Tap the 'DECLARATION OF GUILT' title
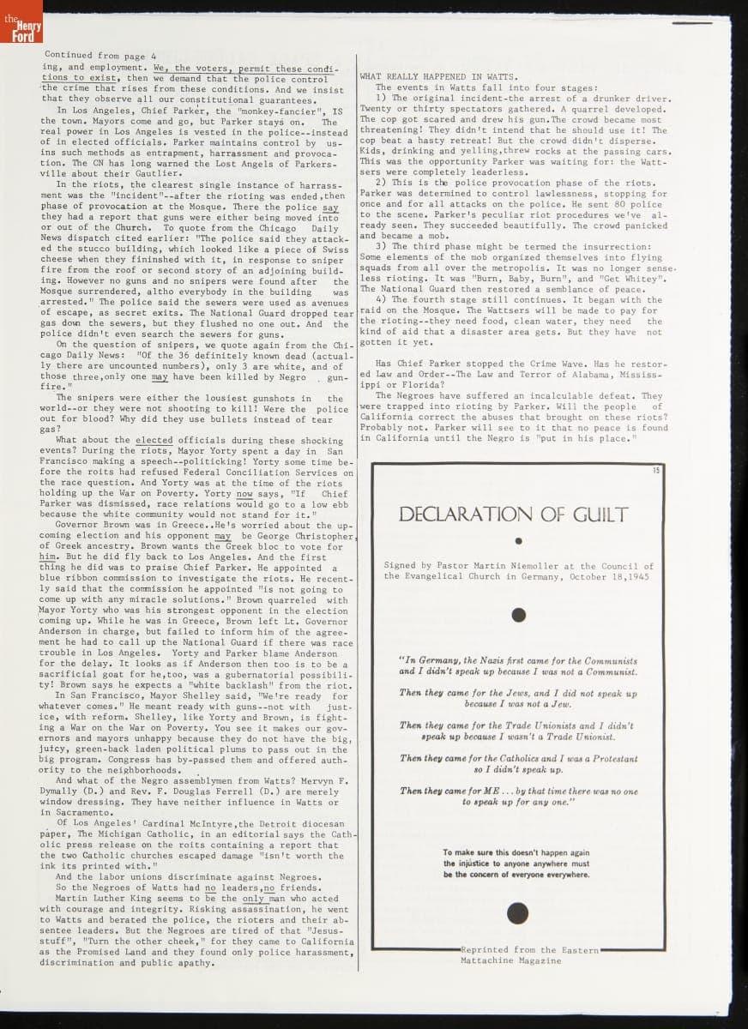pos(514,514)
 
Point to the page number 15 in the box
pos(656,471)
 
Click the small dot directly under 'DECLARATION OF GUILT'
pos(518,541)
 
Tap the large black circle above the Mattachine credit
pos(516,913)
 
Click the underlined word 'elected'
pos(154,440)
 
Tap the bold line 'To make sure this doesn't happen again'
pos(516,852)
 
